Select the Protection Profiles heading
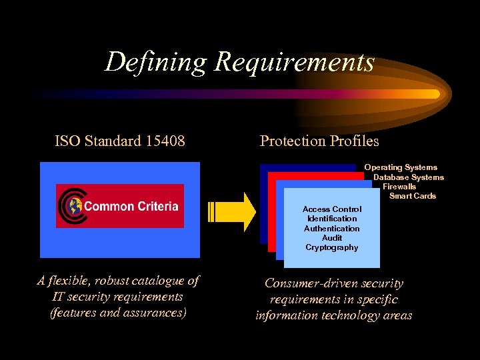pos(319,141)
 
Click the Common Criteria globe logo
pos(71,206)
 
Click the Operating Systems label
pos(401,167)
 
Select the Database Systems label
pos(408,177)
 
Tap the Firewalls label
pos(399,187)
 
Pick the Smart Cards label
pos(412,196)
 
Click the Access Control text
pos(332,209)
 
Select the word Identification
pos(332,219)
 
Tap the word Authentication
pos(332,229)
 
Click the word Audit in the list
pos(332,238)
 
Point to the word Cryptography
pos(332,247)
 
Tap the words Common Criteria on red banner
pos(131,206)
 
